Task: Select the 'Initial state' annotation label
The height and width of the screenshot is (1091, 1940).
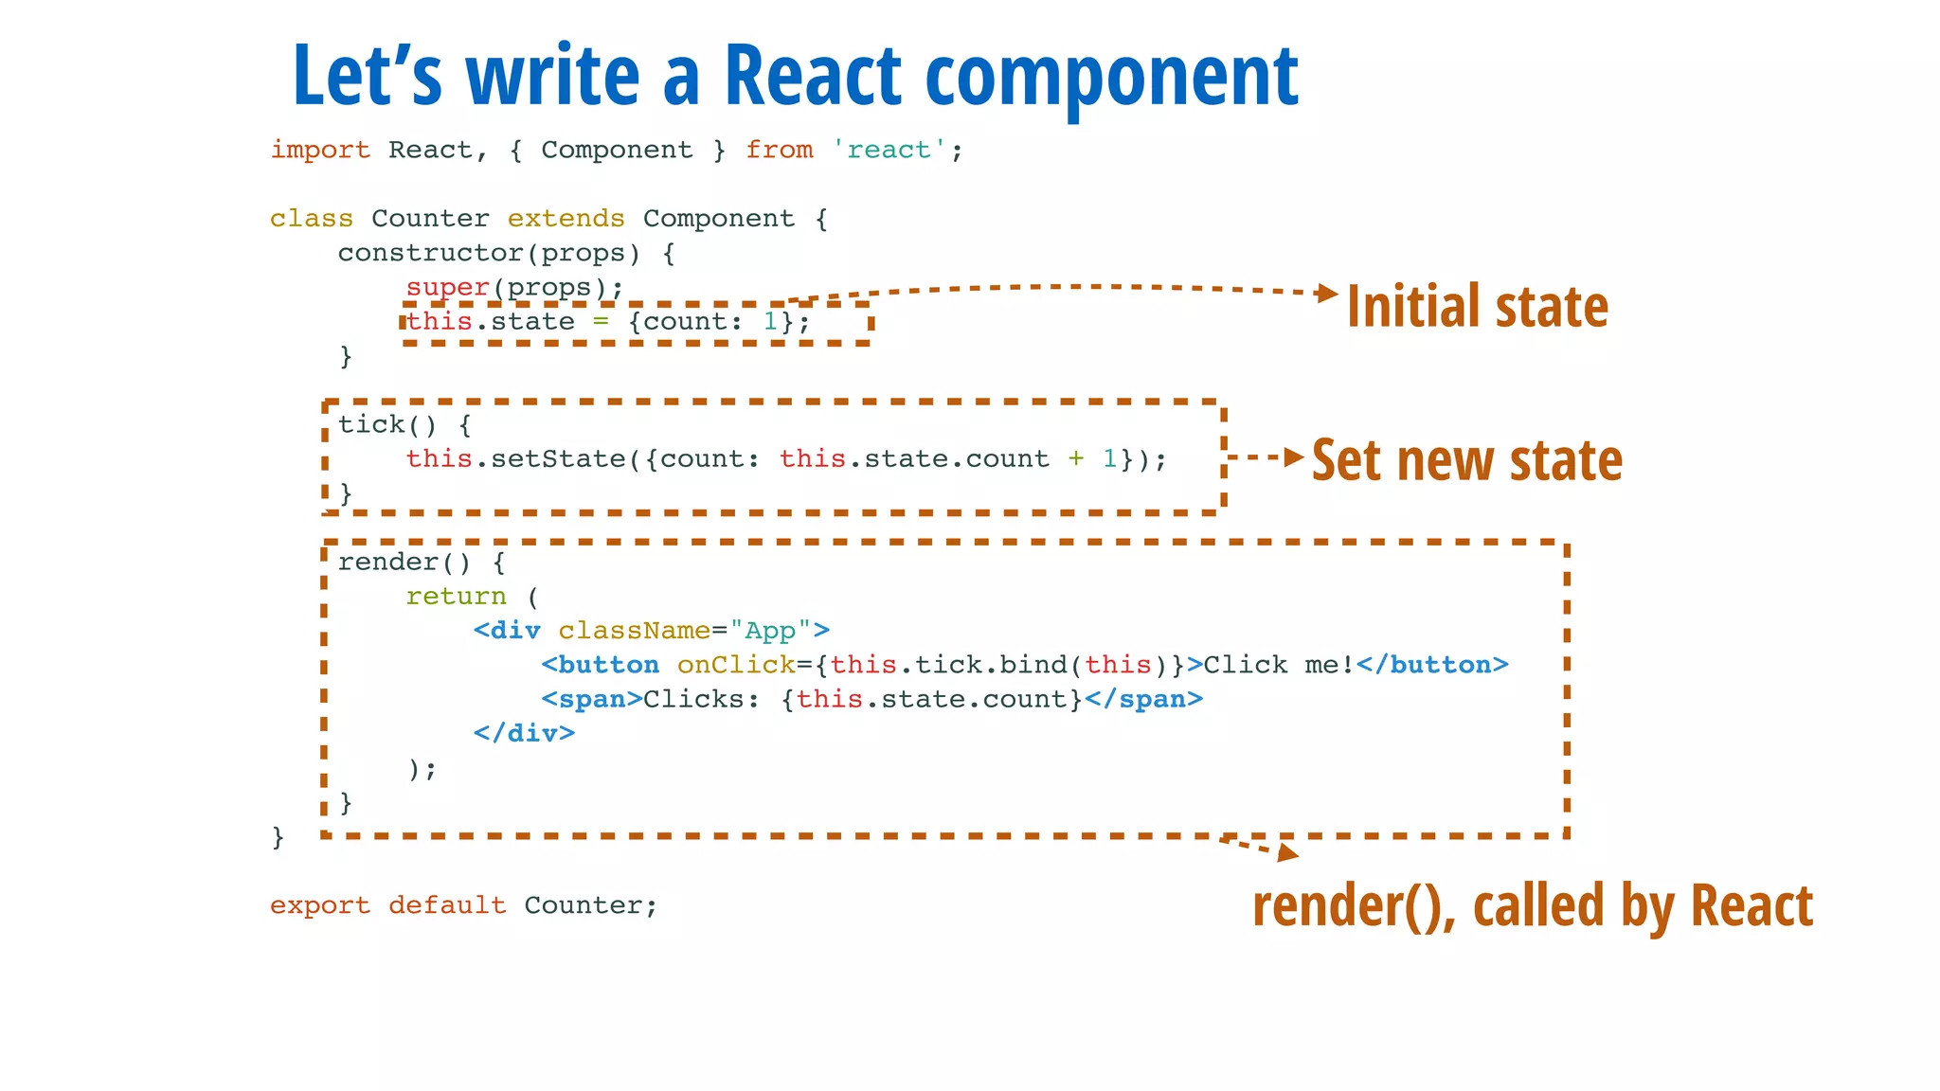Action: pos(1477,307)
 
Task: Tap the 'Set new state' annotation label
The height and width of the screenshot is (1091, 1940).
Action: pos(1466,461)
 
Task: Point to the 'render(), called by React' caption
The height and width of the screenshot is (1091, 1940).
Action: pos(1532,905)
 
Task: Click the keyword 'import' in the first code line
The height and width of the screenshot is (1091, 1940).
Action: pos(320,150)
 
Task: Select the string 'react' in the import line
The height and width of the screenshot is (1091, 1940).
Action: pos(889,150)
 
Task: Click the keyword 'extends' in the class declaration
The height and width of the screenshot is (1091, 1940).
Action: pos(566,219)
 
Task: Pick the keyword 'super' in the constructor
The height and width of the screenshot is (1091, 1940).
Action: pos(447,287)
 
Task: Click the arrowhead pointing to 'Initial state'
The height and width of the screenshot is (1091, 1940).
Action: pos(1328,294)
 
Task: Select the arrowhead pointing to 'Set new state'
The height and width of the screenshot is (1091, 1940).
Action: pos(1294,457)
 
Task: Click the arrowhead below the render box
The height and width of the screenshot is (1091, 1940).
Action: pos(1287,852)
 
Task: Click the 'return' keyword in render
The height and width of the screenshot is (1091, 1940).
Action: pos(456,597)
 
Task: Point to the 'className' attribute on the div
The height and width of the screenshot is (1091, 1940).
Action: pos(634,631)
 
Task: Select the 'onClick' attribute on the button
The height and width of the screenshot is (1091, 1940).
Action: pos(736,665)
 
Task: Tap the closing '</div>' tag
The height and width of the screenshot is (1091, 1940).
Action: pos(524,733)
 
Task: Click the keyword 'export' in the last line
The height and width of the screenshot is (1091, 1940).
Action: pos(320,905)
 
